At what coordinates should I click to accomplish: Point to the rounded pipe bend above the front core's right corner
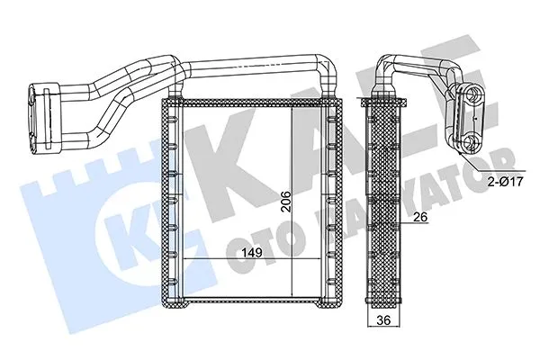coord(328,72)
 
